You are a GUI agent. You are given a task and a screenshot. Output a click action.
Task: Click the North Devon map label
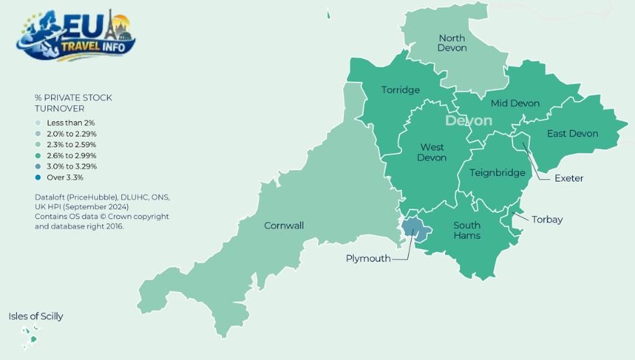tap(452, 42)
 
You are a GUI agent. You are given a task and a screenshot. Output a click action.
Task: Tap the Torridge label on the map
tap(401, 90)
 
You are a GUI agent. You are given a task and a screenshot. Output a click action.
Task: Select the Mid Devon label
tap(515, 103)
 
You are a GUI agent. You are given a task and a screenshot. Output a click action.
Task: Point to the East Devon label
tap(572, 133)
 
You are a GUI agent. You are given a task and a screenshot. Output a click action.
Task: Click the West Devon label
tap(431, 153)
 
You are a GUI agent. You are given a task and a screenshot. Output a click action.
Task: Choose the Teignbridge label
tap(497, 173)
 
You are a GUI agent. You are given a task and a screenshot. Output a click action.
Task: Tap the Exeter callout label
tap(569, 178)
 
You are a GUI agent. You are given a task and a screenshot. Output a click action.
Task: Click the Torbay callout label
tap(547, 219)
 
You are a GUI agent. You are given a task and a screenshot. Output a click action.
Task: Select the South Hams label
tap(466, 231)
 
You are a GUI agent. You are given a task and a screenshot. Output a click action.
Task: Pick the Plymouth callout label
tap(368, 258)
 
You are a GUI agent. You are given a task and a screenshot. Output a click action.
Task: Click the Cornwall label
tap(284, 226)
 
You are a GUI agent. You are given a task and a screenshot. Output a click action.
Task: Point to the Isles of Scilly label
tap(36, 316)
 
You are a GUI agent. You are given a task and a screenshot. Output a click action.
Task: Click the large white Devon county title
tap(469, 120)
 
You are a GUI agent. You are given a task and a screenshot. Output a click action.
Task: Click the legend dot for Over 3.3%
tap(39, 177)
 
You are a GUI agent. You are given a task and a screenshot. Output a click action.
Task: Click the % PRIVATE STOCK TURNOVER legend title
tap(73, 102)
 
